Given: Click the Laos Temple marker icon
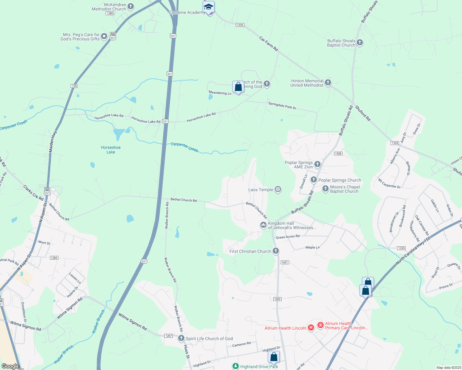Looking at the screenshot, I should pos(278,189).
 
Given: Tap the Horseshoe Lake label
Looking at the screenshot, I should pos(111,150).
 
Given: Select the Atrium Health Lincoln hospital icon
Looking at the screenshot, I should pos(311,328).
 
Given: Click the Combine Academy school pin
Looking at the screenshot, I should pos(209,7).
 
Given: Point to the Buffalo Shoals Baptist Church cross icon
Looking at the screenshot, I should pos(359,43).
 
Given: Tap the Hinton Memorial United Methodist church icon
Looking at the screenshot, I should pos(328,83).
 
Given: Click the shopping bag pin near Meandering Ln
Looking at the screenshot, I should pos(238,87).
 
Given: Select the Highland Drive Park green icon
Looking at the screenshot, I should pos(236,366).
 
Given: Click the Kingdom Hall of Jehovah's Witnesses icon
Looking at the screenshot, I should pos(263,225).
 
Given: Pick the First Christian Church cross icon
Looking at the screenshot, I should pos(276,251).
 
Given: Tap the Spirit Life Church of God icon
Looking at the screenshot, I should pos(181,339).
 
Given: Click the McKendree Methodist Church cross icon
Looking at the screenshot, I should pos(131,6).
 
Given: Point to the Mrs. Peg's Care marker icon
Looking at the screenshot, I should pos(104,36).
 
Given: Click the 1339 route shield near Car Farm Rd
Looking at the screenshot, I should pos(240,25).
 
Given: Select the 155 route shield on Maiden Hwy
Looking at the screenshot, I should pos(74,86).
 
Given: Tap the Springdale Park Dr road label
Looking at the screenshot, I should pos(282,105).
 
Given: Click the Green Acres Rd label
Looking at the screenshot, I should pos(288,237).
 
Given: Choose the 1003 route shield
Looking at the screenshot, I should pos(277,299).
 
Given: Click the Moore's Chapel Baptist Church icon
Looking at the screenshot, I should pos(325,189).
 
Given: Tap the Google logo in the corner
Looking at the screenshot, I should pos(10,366).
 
